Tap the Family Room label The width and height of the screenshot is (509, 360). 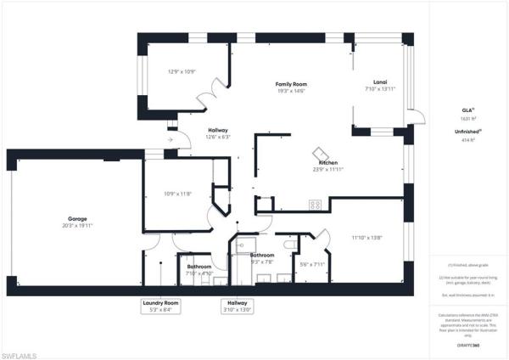(x=290, y=84)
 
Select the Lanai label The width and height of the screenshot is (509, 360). (x=379, y=82)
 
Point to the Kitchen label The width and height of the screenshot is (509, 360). (x=327, y=162)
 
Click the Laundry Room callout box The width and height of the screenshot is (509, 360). (x=160, y=307)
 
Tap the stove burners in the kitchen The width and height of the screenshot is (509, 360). (x=315, y=204)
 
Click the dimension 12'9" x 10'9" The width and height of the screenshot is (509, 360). (x=182, y=72)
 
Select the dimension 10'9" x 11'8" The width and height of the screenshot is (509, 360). (x=177, y=194)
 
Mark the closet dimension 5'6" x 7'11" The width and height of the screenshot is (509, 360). (x=313, y=264)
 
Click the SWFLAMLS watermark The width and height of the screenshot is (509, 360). (x=21, y=351)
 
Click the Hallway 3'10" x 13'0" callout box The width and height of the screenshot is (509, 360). (x=238, y=307)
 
